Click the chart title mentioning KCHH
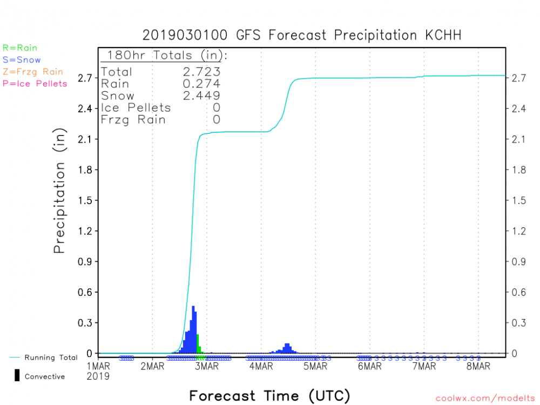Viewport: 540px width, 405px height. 302,36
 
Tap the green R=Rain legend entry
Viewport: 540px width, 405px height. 20,48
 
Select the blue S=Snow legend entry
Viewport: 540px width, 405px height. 22,60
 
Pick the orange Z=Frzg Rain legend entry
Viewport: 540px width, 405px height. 32,72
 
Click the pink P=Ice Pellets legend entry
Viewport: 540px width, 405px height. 35,84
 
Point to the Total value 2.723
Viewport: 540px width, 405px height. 202,72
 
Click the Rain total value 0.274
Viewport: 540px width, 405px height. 202,84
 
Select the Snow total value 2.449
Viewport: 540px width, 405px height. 202,96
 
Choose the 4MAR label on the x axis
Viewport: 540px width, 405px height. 261,367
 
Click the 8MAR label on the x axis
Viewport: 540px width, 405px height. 478,367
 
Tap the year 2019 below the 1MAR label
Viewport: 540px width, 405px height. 98,376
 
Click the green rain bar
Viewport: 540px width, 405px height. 198,344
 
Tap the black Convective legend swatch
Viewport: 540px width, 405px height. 17,376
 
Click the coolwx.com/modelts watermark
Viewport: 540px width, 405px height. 486,399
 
